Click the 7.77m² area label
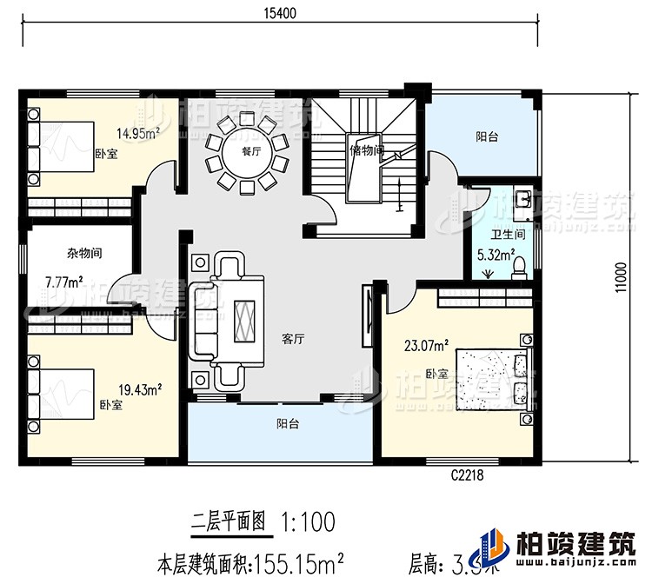coord(63,282)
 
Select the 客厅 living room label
coord(293,339)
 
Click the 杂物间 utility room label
coord(84,254)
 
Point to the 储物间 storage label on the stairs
coord(366,149)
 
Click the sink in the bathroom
coord(524,200)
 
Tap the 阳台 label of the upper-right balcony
coord(487,136)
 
